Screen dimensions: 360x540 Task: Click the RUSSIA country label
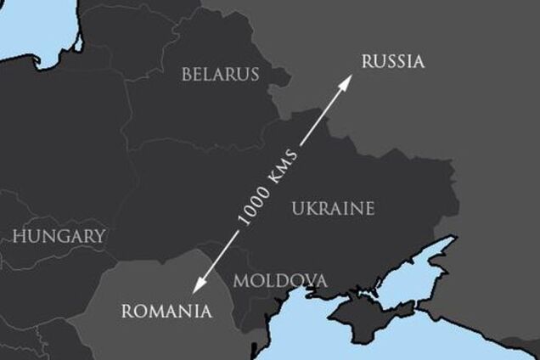392,61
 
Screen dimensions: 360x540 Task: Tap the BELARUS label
220,75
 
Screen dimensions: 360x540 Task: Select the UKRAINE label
332,208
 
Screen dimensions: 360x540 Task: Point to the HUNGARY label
59,235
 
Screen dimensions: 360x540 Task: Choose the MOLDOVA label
280,280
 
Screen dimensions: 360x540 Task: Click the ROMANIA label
166,310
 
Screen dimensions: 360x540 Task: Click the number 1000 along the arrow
256,206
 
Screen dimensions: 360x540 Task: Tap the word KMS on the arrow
285,166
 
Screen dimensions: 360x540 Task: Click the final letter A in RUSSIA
418,61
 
